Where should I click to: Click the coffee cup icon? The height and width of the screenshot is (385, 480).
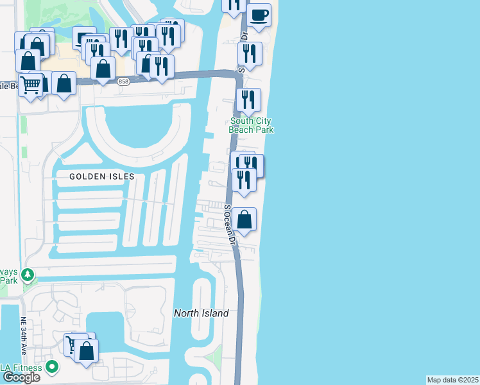pos(259,16)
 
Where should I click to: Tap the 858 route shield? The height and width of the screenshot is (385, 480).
pos(124,81)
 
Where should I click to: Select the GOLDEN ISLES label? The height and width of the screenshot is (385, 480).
pos(102,176)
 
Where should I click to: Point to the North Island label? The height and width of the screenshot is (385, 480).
pos(201,313)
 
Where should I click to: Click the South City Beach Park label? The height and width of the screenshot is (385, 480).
pos(252,125)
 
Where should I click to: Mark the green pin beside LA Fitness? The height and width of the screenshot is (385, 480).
pos(52,368)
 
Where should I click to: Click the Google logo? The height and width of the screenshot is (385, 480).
pos(21,377)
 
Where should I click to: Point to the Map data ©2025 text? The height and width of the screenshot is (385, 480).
pos(453,380)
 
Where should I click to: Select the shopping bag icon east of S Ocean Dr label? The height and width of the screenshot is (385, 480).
pos(244,219)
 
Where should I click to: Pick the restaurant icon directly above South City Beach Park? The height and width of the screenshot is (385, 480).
pos(248,100)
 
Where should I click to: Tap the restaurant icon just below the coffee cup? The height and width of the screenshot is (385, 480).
pos(250,54)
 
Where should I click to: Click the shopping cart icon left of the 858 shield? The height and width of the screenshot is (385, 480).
pos(30,85)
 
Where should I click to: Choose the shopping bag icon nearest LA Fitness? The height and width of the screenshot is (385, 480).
pos(87,350)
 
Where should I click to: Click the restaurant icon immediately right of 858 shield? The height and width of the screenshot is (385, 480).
pos(161,66)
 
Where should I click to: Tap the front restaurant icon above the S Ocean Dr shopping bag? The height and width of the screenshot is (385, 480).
pos(244,179)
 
